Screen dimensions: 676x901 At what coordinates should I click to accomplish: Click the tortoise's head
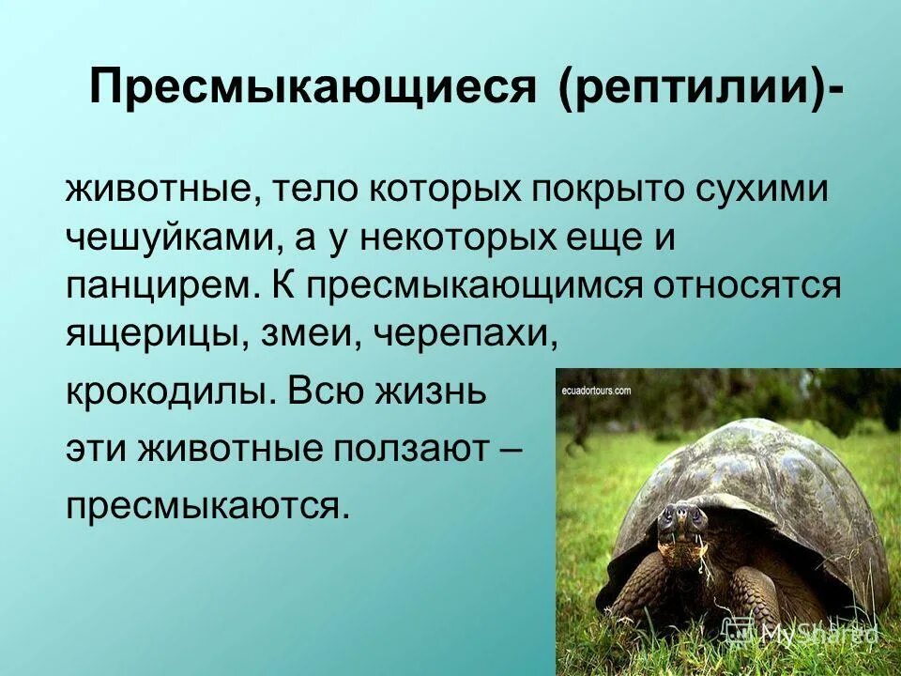(681, 521)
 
